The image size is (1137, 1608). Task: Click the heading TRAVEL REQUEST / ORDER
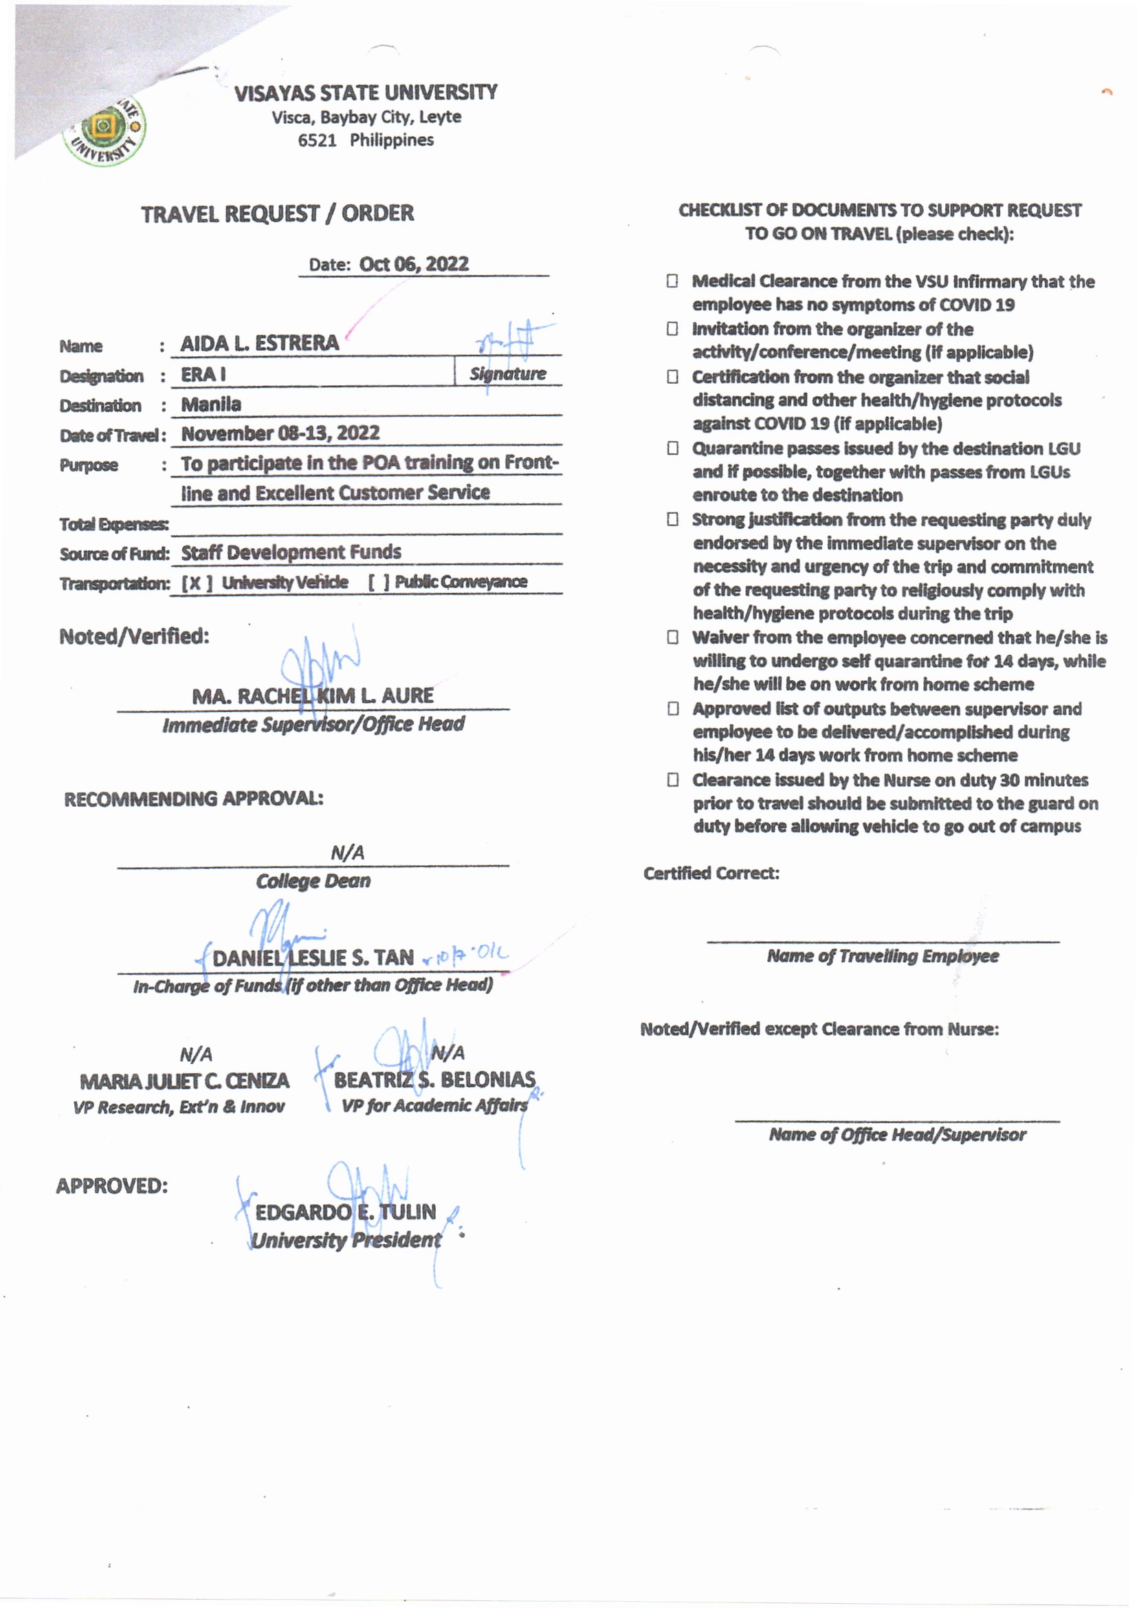coord(277,214)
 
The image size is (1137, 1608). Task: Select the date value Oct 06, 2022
coord(414,264)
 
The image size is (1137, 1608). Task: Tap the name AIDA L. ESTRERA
coord(259,343)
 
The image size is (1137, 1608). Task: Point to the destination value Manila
coord(211,405)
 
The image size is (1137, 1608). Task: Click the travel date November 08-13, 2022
coord(280,433)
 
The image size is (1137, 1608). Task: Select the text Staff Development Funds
coord(291,552)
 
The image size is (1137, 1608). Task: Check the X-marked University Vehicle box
coord(197,583)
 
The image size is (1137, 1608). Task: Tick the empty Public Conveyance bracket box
coord(379,582)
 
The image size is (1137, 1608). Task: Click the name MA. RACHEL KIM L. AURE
coord(312,696)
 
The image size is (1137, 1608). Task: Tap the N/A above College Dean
coord(347,853)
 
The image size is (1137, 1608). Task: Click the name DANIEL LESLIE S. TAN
coord(312,958)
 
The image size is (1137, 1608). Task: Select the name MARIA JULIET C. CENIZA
coord(184,1081)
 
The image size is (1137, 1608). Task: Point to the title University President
coord(346,1240)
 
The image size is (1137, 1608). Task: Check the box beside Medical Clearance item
coord(672,281)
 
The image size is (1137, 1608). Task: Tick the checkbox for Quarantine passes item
coord(672,448)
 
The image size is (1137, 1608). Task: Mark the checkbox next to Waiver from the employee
coord(672,638)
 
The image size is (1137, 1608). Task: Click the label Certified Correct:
coord(711,873)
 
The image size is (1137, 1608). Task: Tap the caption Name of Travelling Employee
coord(882,956)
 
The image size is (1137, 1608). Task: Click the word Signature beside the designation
coord(507,374)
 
